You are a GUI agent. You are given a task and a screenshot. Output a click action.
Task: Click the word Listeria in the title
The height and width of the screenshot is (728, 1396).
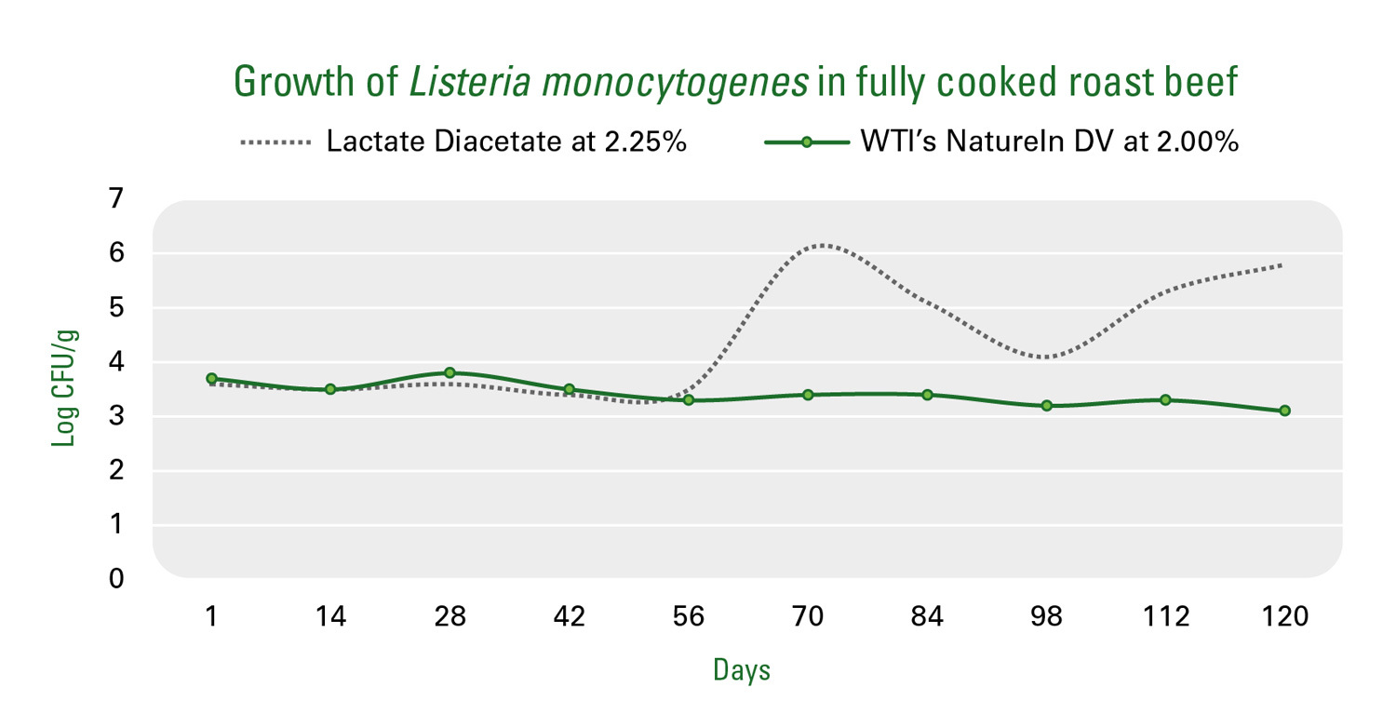click(470, 82)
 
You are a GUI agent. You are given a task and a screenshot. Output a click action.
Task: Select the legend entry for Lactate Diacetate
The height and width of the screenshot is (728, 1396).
click(463, 142)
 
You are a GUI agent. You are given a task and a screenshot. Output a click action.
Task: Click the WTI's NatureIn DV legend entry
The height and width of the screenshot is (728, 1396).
click(1001, 142)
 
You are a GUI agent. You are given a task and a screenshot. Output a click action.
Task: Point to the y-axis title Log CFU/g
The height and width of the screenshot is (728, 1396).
click(64, 387)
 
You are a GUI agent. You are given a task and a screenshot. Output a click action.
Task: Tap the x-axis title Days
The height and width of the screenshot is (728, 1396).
click(742, 670)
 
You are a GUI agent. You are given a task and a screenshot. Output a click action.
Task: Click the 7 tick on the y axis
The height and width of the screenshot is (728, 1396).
click(116, 199)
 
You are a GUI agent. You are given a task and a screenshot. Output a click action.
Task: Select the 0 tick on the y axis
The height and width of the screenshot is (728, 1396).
click(116, 578)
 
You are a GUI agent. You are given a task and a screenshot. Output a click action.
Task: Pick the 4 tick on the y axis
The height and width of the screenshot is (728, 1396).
click(116, 361)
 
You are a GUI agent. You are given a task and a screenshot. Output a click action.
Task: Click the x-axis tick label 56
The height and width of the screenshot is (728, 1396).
click(689, 616)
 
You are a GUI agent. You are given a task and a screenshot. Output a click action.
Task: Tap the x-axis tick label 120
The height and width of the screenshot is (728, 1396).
click(1285, 616)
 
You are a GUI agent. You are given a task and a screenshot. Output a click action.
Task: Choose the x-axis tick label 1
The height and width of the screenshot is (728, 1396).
click(212, 616)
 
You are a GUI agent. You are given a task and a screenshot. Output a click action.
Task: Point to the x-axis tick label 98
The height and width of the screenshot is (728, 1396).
click(1046, 616)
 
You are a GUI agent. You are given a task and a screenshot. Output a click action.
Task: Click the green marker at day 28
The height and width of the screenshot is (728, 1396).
click(450, 372)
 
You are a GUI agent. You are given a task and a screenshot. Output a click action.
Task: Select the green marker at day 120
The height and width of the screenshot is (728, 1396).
click(1285, 411)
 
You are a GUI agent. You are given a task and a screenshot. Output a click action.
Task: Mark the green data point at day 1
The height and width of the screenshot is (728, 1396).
click(211, 378)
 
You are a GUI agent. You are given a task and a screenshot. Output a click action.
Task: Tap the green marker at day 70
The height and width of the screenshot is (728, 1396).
click(809, 395)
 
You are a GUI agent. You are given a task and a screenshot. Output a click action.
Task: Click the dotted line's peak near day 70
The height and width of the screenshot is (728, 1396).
click(823, 245)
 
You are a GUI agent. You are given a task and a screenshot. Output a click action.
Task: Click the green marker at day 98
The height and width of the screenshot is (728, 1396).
click(1047, 406)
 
